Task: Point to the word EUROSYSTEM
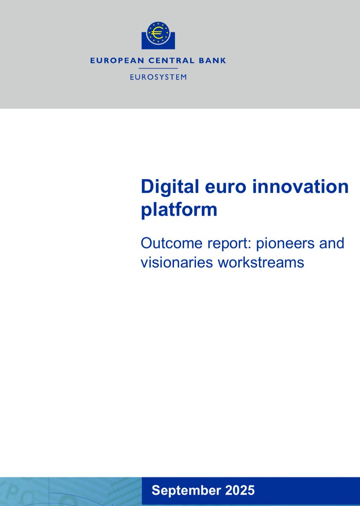[x=158, y=77]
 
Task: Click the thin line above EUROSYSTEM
[x=158, y=68]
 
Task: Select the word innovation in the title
[x=303, y=186]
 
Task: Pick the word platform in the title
[x=179, y=209]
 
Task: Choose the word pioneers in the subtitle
[x=287, y=243]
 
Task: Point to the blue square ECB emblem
[x=158, y=35]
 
